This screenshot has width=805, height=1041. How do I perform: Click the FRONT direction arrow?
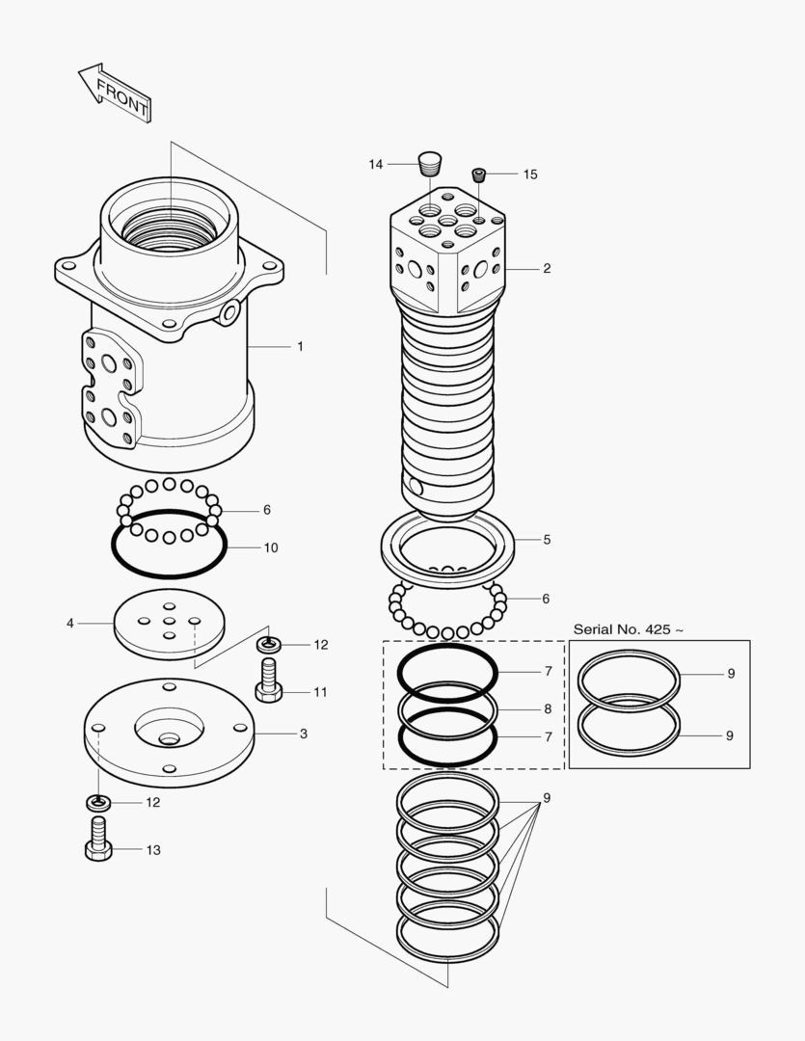(x=114, y=93)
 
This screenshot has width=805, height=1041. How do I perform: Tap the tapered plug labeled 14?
(x=430, y=161)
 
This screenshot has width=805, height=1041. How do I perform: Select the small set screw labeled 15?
(x=478, y=174)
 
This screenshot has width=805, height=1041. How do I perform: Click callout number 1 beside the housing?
(x=300, y=346)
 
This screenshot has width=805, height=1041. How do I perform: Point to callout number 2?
(x=547, y=268)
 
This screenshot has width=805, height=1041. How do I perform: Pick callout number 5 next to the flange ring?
(x=547, y=540)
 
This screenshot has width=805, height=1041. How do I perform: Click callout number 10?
(x=271, y=547)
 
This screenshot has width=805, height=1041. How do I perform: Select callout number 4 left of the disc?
(x=69, y=624)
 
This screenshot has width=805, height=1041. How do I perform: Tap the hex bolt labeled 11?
(x=267, y=680)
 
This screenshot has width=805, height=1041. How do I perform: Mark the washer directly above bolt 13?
(x=98, y=801)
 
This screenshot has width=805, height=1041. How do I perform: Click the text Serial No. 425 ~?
(x=629, y=629)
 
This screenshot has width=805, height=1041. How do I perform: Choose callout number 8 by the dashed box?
(x=547, y=708)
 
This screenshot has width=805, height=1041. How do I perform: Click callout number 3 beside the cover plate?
(x=303, y=734)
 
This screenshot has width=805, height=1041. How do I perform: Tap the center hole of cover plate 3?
(x=170, y=739)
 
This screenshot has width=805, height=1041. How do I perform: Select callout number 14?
(x=375, y=165)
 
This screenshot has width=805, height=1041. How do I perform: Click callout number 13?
(x=153, y=850)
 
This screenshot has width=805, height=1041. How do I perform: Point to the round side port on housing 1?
(x=229, y=312)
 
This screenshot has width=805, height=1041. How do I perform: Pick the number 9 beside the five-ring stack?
(x=547, y=798)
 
